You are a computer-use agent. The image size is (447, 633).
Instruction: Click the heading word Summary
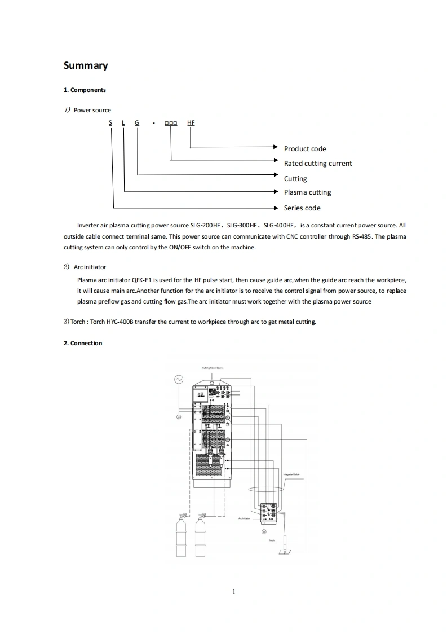(x=86, y=65)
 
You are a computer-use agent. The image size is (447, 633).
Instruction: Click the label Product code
(x=305, y=149)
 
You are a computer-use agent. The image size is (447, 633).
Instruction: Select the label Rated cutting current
(x=318, y=164)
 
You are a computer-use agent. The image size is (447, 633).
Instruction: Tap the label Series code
(x=302, y=208)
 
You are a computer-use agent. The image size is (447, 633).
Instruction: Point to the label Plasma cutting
(x=307, y=192)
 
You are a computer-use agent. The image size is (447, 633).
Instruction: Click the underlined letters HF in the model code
(x=191, y=122)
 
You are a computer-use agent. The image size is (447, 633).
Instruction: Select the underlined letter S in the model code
(x=110, y=122)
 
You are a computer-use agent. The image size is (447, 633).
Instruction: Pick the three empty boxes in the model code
(x=171, y=122)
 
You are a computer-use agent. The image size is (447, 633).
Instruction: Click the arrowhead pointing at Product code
(x=277, y=148)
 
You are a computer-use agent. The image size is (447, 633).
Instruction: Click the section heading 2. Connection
(x=83, y=343)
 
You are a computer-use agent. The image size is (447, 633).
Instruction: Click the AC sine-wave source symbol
(x=179, y=380)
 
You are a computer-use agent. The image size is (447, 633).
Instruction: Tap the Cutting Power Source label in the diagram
(x=213, y=368)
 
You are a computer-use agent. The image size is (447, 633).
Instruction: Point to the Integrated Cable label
(x=294, y=474)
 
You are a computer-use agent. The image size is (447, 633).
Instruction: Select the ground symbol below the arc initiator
(x=264, y=531)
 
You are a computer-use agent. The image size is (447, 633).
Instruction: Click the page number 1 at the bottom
(x=233, y=591)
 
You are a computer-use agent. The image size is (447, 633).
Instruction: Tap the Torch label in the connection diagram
(x=272, y=540)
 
